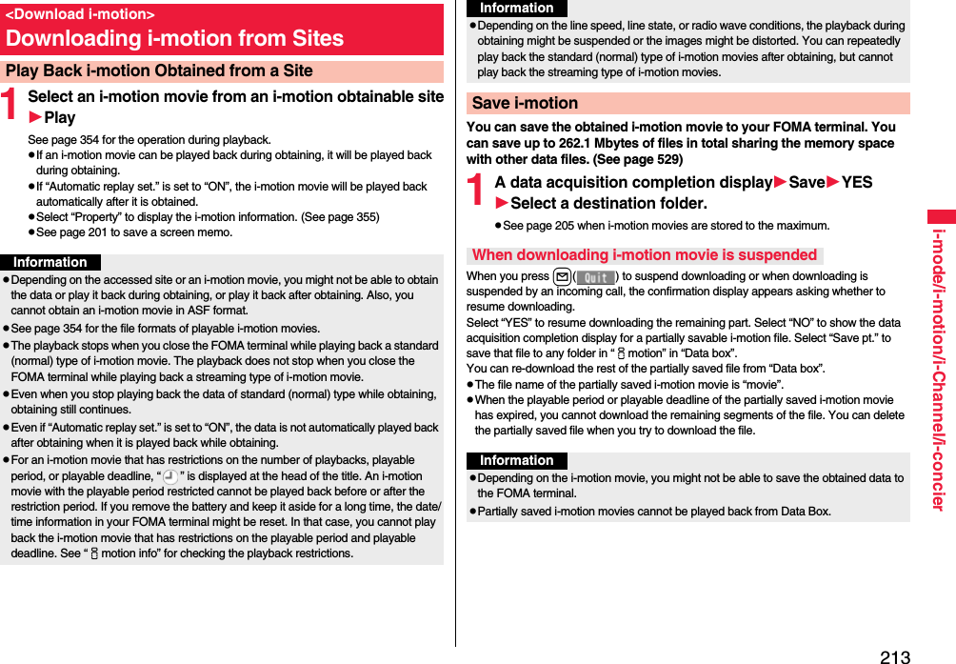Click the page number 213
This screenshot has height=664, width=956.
(x=894, y=656)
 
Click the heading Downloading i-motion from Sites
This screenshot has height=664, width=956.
(x=174, y=39)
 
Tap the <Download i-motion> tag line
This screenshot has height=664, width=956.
(x=80, y=14)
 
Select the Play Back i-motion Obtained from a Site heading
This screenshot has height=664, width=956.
(x=159, y=70)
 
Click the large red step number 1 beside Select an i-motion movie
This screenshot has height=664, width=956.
(x=10, y=106)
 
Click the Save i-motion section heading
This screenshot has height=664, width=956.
(x=525, y=103)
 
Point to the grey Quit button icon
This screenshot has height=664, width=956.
(x=596, y=276)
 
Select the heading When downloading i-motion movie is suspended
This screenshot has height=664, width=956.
(x=645, y=254)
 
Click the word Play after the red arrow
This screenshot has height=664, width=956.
(x=60, y=117)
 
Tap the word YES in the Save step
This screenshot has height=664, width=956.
(x=857, y=182)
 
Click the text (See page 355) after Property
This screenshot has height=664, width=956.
(x=339, y=217)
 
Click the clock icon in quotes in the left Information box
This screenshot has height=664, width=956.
(x=169, y=476)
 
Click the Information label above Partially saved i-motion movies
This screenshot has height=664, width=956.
(x=517, y=460)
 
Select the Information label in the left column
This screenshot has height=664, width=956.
(x=50, y=262)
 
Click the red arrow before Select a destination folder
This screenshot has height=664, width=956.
(x=502, y=203)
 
